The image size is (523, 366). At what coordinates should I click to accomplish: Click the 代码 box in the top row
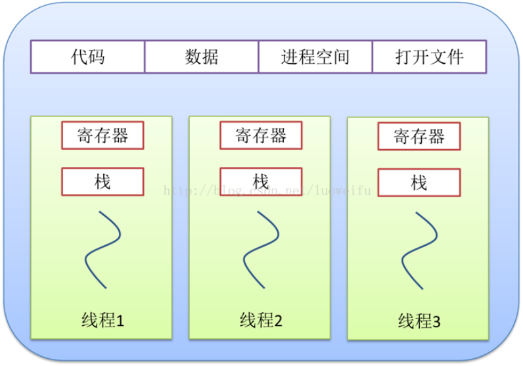click(88, 57)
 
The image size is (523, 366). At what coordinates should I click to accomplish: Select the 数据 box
click(202, 57)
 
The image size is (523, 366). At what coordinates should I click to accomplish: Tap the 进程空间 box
click(315, 57)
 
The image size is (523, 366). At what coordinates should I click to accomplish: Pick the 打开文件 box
click(430, 57)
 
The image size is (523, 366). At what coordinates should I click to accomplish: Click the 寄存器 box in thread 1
click(102, 135)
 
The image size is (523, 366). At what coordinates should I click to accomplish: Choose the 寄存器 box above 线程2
click(261, 135)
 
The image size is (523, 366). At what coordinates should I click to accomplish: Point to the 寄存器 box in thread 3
click(419, 136)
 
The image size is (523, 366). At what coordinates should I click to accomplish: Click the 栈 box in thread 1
click(102, 181)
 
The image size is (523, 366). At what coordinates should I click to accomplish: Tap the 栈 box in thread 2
click(261, 181)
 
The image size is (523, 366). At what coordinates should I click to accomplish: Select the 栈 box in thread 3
click(419, 183)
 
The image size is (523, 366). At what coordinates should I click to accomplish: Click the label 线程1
click(102, 320)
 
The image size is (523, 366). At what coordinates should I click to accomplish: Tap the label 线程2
click(261, 320)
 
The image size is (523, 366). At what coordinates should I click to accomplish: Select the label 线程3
click(419, 321)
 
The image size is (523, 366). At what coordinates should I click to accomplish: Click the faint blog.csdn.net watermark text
click(267, 191)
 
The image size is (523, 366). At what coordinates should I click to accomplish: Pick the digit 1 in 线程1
click(120, 321)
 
